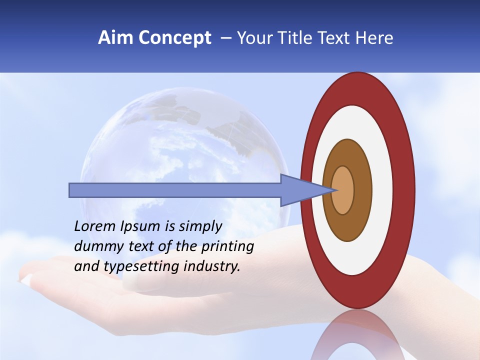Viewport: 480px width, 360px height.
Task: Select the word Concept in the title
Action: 174,38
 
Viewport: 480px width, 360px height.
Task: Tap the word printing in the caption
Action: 227,247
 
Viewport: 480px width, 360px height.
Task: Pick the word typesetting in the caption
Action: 148,267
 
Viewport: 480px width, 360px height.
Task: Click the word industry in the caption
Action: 212,266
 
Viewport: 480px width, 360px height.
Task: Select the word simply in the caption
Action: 200,227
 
